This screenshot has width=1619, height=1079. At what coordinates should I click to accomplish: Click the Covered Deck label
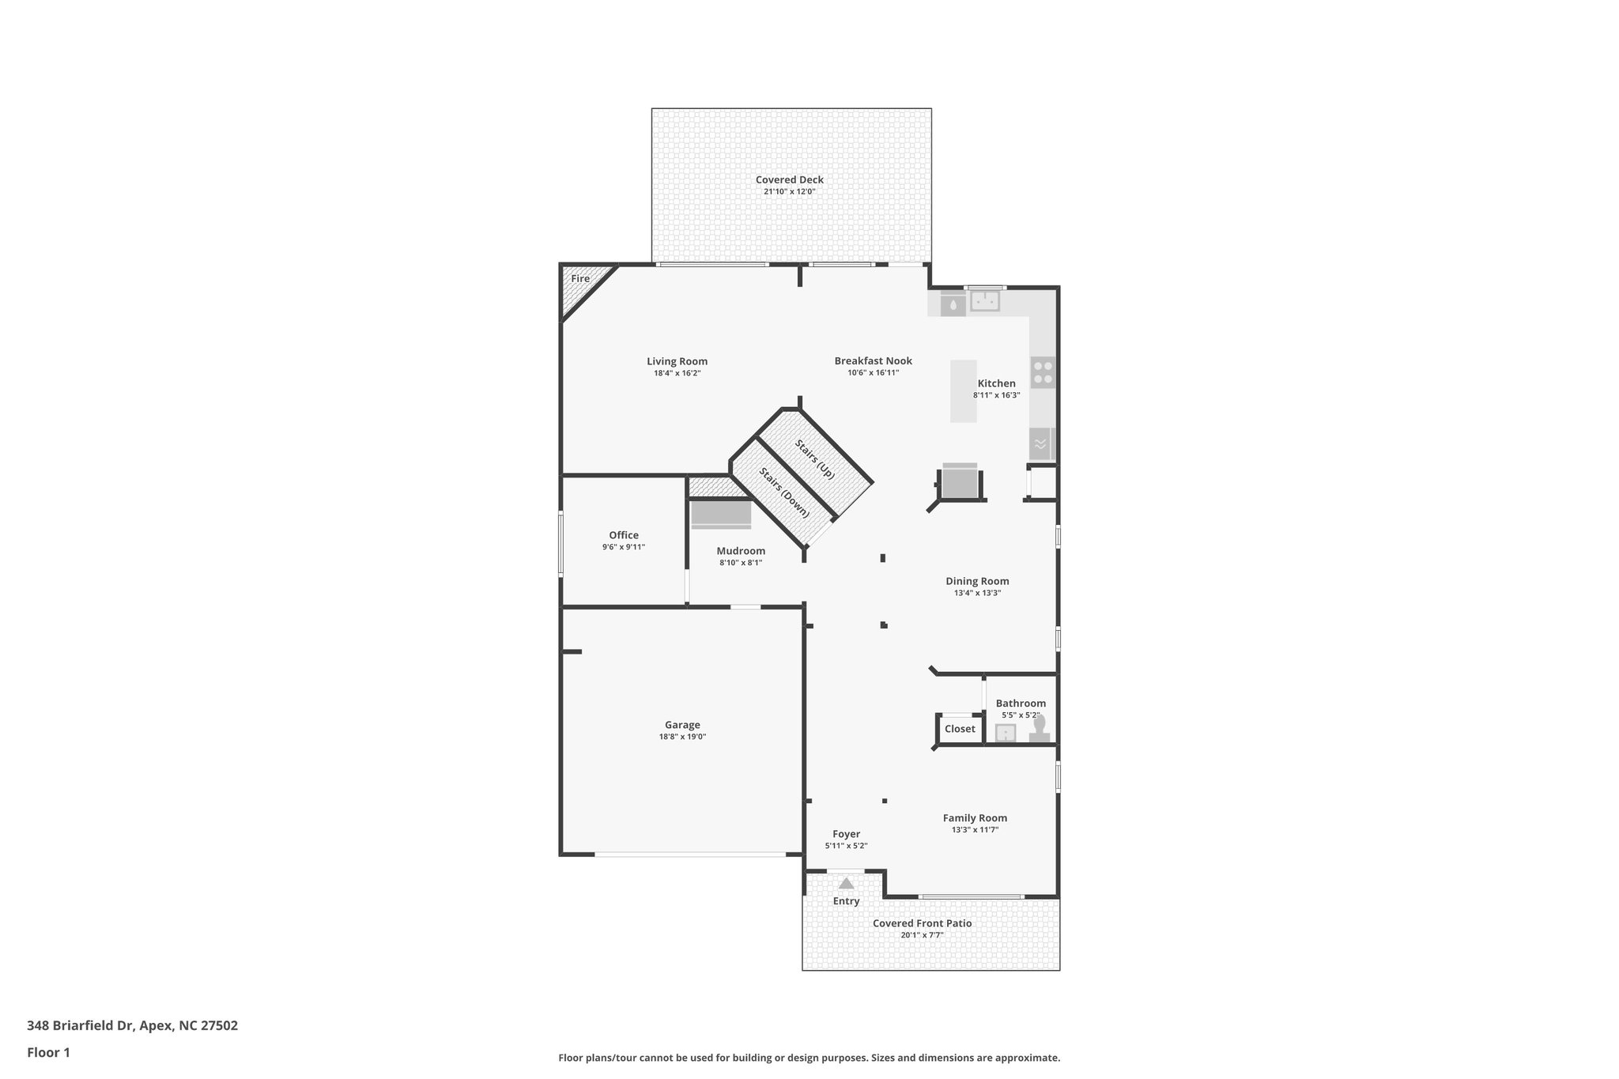(789, 179)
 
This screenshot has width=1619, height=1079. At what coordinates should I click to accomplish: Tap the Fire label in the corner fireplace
(580, 278)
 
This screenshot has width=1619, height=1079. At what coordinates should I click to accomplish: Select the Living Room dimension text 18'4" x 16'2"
(677, 373)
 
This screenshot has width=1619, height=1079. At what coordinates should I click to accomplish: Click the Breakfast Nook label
(873, 360)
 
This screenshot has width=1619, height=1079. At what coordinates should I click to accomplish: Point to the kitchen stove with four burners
(1043, 372)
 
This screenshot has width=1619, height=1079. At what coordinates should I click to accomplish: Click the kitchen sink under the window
(985, 301)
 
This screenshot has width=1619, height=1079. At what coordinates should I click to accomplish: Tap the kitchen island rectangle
(963, 391)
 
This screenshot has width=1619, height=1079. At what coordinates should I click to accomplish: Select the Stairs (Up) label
(815, 459)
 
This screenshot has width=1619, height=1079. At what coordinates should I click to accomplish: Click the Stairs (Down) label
(784, 492)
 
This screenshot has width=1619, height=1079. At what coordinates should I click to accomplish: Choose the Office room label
(623, 535)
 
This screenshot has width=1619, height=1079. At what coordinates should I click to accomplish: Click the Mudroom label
(741, 551)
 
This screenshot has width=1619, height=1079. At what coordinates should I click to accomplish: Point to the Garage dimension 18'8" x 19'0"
(682, 737)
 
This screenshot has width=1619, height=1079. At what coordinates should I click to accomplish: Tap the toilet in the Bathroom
(1040, 728)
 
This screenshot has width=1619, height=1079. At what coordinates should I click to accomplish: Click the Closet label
(960, 729)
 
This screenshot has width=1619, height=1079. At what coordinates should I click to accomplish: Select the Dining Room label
(977, 581)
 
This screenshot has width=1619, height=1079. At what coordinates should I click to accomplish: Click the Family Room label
(975, 818)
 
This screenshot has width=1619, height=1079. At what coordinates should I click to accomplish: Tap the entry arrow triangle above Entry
(846, 883)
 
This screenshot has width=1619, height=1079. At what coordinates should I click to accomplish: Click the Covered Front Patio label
(922, 923)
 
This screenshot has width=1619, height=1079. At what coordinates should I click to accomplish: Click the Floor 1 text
(48, 1052)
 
